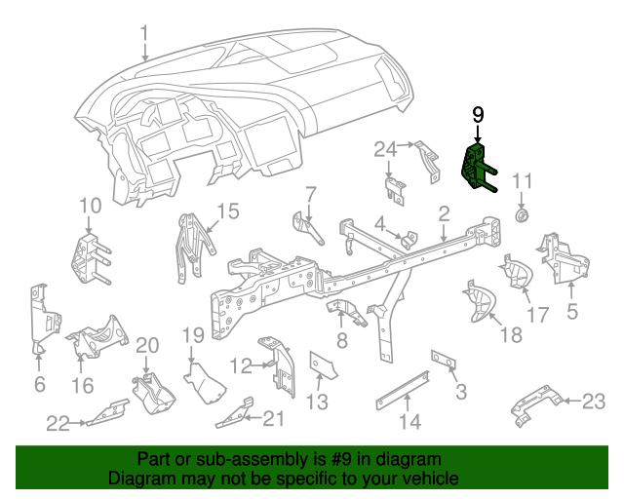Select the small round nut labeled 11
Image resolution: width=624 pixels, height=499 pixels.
point(522,214)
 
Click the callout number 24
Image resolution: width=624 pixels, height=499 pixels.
point(386,148)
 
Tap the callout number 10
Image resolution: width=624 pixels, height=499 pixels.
point(90,205)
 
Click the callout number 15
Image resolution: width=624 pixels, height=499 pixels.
point(227,211)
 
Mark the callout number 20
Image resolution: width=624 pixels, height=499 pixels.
point(146,344)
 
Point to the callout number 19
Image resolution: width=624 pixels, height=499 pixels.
point(193,335)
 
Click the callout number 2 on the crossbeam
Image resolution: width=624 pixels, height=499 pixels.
point(444,212)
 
